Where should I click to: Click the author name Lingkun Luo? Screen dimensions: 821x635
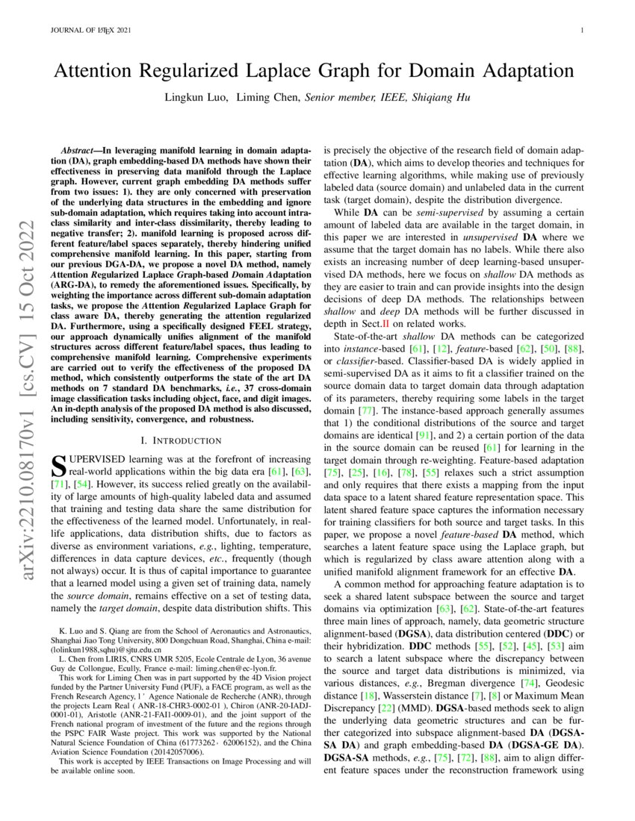click(195, 98)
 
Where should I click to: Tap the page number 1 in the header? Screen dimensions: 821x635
click(581, 31)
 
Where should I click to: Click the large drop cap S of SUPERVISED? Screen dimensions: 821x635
click(58, 467)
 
